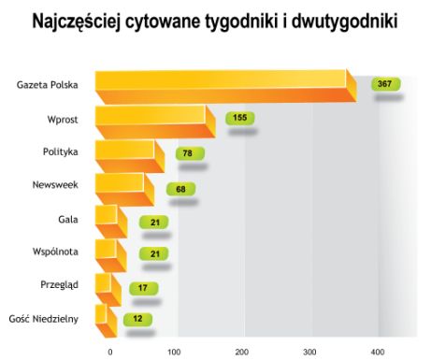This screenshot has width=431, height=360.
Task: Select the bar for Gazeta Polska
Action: click(x=224, y=86)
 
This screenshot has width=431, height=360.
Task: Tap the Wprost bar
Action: click(x=154, y=121)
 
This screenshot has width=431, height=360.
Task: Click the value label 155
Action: click(x=240, y=118)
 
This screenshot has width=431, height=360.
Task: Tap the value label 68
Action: click(x=181, y=187)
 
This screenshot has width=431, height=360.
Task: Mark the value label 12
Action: click(x=138, y=320)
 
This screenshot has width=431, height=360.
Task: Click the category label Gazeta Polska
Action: click(x=47, y=85)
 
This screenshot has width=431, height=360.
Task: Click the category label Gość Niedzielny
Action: click(x=43, y=319)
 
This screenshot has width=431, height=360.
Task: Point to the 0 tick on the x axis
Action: click(x=110, y=351)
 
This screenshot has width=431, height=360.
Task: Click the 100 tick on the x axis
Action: click(x=173, y=351)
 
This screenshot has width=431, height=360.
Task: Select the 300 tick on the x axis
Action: click(x=309, y=351)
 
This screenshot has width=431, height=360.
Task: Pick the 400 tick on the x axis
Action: click(x=378, y=351)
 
